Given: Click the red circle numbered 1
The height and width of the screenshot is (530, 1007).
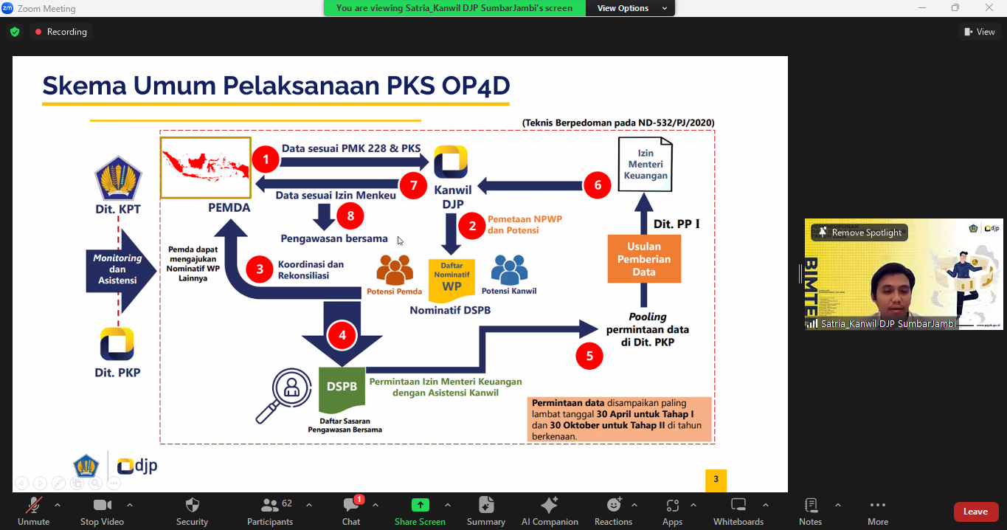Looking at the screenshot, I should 265,159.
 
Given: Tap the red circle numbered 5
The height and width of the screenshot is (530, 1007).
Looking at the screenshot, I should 589,356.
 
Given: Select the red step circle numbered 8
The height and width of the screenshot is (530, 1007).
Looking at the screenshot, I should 350,216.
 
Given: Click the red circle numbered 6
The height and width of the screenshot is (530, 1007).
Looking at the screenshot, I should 598,185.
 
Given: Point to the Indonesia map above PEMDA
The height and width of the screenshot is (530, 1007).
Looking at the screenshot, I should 206,168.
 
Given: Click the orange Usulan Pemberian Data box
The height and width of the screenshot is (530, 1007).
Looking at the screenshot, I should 644,259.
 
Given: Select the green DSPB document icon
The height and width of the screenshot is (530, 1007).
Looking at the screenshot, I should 342,389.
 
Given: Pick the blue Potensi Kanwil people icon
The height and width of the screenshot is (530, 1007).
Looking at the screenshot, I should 509,270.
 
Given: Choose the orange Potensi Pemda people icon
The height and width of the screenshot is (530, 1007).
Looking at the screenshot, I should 395,270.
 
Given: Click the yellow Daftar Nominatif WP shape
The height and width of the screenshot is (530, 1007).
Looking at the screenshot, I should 451,281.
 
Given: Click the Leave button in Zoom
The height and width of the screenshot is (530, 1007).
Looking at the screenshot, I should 975,512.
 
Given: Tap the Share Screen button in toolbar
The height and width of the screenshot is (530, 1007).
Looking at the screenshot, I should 420,512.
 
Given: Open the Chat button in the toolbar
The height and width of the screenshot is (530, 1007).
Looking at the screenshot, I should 351,512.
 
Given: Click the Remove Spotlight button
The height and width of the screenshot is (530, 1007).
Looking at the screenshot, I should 859,233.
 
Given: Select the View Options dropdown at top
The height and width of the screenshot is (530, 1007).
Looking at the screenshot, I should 630,8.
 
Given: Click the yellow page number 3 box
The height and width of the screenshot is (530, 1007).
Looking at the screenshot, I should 716,479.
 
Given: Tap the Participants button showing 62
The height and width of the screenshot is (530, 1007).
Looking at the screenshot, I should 270,512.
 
